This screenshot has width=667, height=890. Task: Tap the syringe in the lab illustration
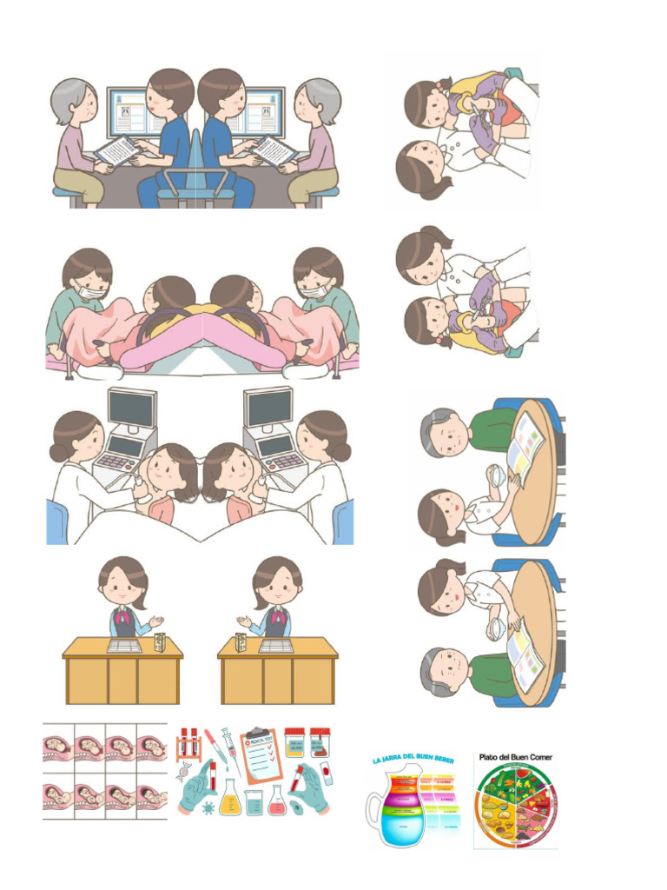click(x=228, y=746)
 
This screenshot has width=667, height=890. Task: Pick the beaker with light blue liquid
click(x=253, y=804)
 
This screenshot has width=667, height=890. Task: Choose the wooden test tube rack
click(x=189, y=743)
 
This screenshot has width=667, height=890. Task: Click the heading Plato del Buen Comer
click(x=515, y=757)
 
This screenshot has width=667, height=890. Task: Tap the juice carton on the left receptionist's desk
click(x=160, y=642)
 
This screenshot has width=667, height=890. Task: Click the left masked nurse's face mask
click(x=89, y=292)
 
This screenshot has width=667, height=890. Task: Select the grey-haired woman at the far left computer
click(x=76, y=139)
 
